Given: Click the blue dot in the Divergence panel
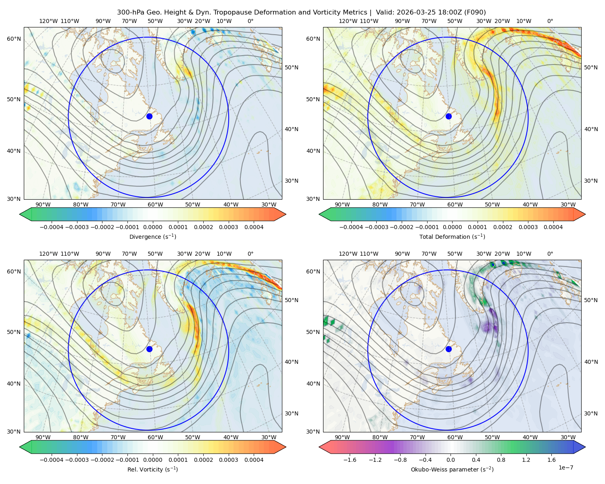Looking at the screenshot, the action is [149, 116].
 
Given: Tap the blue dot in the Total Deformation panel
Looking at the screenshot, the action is [449, 116].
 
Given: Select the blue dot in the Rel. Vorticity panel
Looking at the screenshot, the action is [149, 349].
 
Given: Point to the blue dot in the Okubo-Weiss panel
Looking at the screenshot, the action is [449, 349].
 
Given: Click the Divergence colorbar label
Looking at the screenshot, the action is [152, 236].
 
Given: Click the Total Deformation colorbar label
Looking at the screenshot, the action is [452, 236].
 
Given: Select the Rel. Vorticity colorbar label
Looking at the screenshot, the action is [152, 469].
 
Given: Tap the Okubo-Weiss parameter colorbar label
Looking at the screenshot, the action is [452, 469].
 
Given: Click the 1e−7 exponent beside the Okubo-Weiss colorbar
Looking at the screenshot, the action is [565, 467].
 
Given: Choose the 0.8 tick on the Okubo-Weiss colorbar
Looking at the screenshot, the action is [501, 459].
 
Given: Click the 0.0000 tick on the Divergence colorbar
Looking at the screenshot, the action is [152, 227].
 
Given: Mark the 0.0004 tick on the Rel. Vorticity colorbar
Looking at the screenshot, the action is [254, 459].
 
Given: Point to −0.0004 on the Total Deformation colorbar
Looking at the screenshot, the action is [351, 227].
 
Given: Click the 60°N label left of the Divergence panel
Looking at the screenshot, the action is [14, 39].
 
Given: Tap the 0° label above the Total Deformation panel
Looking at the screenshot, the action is [550, 21].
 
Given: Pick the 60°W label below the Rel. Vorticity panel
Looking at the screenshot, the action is [155, 437].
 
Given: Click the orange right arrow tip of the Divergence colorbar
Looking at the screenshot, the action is [286, 214].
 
